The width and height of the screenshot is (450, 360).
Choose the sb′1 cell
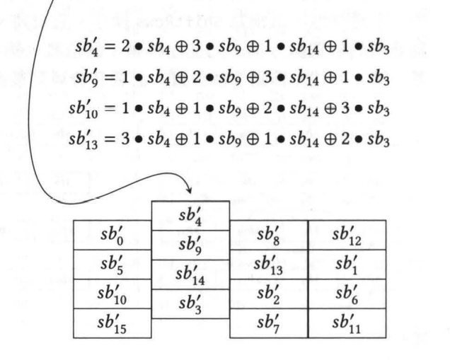pyautogui.click(x=347, y=265)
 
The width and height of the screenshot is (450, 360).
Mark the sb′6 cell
pyautogui.click(x=347, y=294)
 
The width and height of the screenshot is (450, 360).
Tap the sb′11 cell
pyautogui.click(x=347, y=323)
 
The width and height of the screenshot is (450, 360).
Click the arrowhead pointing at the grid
pyautogui.click(x=189, y=191)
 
